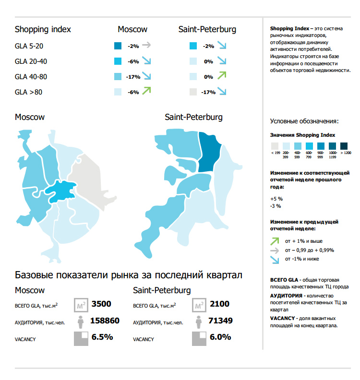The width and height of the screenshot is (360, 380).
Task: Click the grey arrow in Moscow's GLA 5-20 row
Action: pyautogui.click(x=146, y=46)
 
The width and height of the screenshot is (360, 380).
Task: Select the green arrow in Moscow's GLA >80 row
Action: pyautogui.click(x=146, y=90)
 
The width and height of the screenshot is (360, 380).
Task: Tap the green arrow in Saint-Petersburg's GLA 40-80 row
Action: pyautogui.click(x=221, y=75)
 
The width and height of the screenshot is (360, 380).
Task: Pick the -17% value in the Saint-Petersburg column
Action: pyautogui.click(x=208, y=92)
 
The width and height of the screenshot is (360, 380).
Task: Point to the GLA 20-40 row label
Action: pyautogui.click(x=31, y=61)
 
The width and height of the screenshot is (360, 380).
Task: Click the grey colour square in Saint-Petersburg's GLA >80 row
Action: pyautogui.click(x=193, y=92)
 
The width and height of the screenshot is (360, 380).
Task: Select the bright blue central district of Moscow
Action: pyautogui.click(x=61, y=192)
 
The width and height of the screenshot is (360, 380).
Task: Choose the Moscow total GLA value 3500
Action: pyautogui.click(x=101, y=304)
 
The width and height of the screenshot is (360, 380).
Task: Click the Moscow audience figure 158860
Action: pyautogui.click(x=105, y=321)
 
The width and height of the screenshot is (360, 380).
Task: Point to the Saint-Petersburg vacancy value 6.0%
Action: pyautogui.click(x=221, y=337)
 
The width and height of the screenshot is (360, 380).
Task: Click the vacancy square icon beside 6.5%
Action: pyautogui.click(x=81, y=338)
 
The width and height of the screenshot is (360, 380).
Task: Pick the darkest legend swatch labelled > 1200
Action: pyautogui.click(x=344, y=146)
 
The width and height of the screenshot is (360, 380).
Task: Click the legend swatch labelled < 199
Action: pyautogui.click(x=275, y=146)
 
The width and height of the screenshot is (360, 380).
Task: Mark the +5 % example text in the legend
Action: pyautogui.click(x=276, y=198)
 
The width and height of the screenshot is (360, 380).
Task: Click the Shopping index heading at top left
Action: pyautogui.click(x=43, y=29)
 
